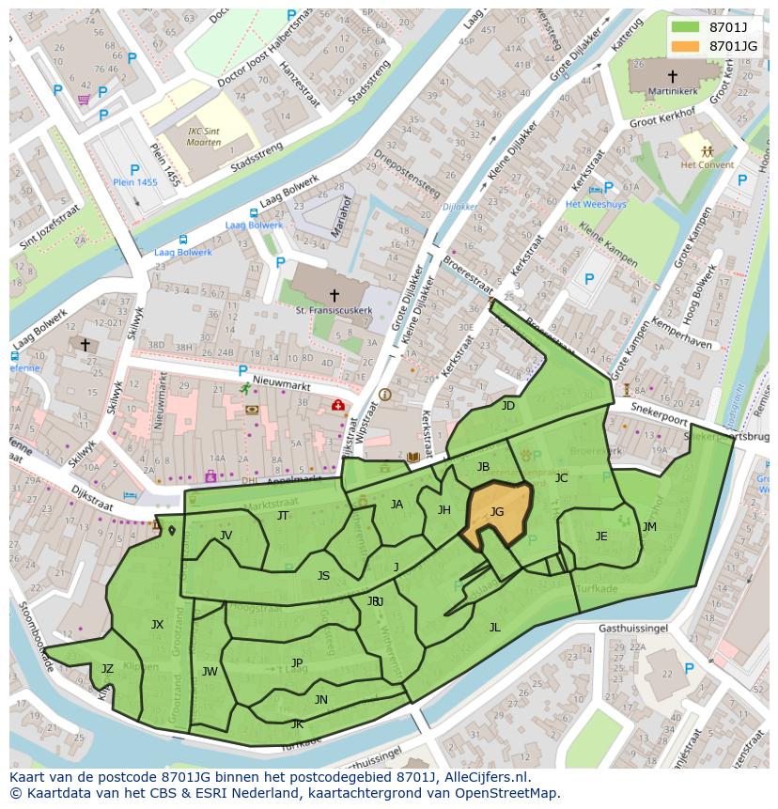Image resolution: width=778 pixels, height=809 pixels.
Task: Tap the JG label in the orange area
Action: (497, 512)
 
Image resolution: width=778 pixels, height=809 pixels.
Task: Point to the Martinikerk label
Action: (673, 91)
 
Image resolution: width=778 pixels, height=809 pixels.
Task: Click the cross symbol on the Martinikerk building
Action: (673, 75)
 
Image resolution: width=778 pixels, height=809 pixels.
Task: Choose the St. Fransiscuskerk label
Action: (334, 310)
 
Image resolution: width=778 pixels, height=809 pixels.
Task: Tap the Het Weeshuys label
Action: (589, 204)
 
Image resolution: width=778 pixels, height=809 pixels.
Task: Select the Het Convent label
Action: (707, 164)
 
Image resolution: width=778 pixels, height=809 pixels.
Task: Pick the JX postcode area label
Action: (157, 624)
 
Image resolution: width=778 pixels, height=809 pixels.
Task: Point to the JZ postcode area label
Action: (107, 669)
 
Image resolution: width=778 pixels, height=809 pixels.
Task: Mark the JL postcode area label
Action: (494, 627)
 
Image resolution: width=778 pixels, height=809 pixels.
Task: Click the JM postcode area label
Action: (649, 527)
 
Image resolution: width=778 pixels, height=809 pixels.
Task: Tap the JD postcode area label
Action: (508, 406)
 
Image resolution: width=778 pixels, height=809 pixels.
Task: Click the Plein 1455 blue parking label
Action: (135, 182)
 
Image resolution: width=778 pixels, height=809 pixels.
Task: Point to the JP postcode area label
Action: (297, 662)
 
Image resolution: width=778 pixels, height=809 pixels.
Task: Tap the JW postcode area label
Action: (210, 671)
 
